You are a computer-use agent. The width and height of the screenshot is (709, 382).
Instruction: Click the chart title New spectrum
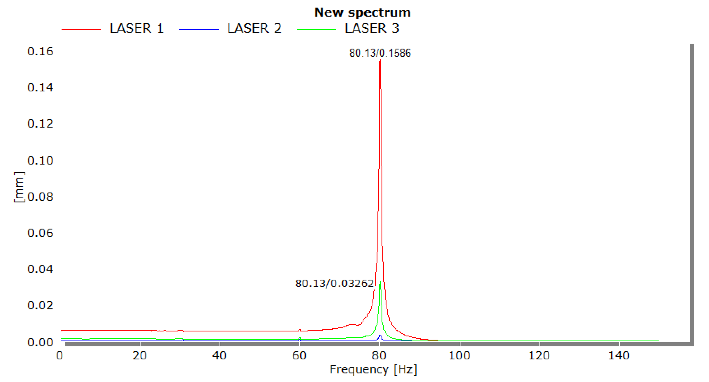pos(362,13)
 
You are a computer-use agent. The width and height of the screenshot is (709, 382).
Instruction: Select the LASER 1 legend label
pos(137,29)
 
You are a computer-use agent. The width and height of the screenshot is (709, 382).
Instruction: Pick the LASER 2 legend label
pos(254,29)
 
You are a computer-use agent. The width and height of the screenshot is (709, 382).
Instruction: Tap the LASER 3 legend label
pos(372,29)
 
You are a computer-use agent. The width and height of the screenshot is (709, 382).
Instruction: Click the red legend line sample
pos(81,29)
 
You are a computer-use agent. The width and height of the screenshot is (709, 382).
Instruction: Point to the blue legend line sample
pos(199,29)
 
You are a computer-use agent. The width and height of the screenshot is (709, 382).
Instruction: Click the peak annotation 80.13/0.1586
pos(380,53)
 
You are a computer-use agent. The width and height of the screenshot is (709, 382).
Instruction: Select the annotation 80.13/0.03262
pos(334,284)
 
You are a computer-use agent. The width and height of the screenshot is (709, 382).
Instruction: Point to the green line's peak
pos(380,282)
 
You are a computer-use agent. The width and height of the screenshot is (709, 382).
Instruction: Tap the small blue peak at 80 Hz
pos(380,335)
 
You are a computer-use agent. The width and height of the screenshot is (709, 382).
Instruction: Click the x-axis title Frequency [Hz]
pos(373,369)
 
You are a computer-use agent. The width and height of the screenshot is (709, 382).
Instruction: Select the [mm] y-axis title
pos(19,187)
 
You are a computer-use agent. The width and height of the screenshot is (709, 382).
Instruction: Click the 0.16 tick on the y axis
pos(40,51)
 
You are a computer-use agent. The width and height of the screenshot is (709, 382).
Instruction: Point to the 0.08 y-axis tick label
pos(40,197)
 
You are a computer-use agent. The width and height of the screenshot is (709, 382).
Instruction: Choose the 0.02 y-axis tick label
pos(40,305)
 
